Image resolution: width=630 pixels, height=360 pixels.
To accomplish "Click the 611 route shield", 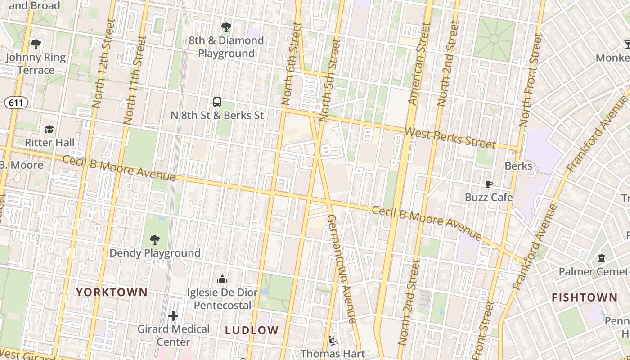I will [x=16, y=103].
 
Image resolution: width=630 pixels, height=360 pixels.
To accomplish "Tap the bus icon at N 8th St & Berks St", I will [x=217, y=102].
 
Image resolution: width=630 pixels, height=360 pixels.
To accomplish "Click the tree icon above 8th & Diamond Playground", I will [x=226, y=27].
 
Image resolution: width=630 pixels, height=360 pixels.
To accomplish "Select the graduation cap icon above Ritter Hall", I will [x=49, y=130].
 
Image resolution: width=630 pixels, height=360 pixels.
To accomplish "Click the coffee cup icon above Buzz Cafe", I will [x=488, y=184].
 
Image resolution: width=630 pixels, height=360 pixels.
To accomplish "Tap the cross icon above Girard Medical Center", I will [x=173, y=316].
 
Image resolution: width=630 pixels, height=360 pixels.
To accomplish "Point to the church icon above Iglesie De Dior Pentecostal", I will [x=222, y=279].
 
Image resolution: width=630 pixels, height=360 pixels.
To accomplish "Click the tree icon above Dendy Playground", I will [x=155, y=239].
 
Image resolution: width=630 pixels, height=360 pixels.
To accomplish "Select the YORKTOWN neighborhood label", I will [x=112, y=292].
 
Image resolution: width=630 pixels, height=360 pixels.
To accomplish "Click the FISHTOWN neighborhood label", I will [x=585, y=297].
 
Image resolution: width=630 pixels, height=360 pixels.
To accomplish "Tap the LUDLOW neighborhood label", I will [x=252, y=330].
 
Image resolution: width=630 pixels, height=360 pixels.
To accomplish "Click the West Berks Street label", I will [x=450, y=138].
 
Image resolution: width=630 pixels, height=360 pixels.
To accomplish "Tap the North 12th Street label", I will [x=104, y=63].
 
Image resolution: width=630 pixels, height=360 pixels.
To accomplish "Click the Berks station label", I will [x=518, y=166].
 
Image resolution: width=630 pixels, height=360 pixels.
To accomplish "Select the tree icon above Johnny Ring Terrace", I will [x=36, y=44].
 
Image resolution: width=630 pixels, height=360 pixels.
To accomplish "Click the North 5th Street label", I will [x=331, y=80].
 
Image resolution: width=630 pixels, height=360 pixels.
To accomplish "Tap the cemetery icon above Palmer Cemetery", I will [x=601, y=258].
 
